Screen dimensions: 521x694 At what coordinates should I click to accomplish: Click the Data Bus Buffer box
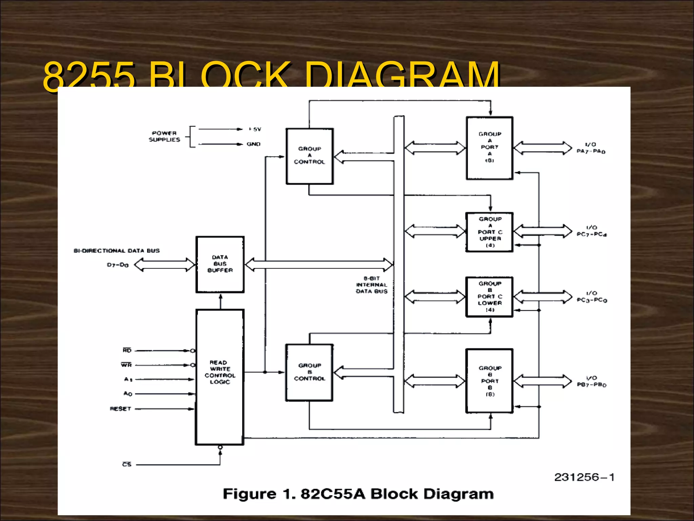click(x=220, y=264)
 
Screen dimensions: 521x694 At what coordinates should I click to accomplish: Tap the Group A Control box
click(x=309, y=156)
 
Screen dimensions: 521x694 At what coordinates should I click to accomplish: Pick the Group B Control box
click(x=309, y=372)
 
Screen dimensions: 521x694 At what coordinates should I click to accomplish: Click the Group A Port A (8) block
click(x=489, y=148)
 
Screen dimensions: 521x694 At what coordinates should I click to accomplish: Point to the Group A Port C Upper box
click(x=490, y=232)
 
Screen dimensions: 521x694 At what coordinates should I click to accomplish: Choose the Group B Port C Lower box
click(x=490, y=297)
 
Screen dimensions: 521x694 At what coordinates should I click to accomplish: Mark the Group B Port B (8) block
click(x=489, y=381)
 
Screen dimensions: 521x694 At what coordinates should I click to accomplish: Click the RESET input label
click(x=120, y=409)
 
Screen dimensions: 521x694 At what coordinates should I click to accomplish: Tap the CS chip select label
click(x=127, y=464)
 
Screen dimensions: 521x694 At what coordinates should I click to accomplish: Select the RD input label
click(x=127, y=350)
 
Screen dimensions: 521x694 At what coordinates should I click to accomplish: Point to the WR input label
click(x=126, y=365)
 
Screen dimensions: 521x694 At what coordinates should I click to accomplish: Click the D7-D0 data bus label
click(x=118, y=265)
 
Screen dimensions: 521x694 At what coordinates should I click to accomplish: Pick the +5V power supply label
click(x=255, y=129)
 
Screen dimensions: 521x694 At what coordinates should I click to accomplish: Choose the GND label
click(x=253, y=144)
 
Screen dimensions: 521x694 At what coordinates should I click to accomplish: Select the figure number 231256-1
click(x=584, y=477)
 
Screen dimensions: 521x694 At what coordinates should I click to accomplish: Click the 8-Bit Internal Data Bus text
click(x=371, y=285)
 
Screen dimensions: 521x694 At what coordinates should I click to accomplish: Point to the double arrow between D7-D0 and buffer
click(x=165, y=265)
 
